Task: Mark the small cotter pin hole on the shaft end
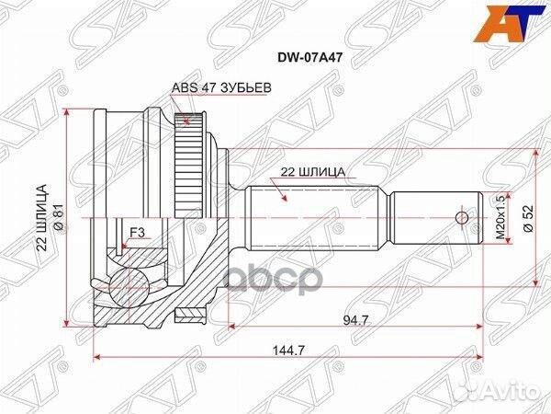pyautogui.click(x=463, y=218)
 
